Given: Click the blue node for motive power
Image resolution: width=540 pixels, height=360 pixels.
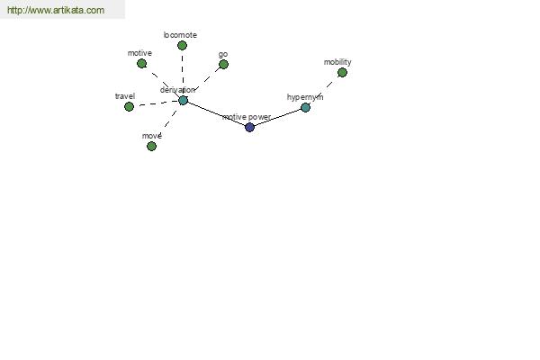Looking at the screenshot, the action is (249, 127).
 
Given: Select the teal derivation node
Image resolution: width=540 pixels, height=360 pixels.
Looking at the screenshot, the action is (183, 100).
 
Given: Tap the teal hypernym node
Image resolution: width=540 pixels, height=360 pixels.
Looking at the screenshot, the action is (305, 107).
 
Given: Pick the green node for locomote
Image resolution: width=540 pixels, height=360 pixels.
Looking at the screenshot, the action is (182, 45).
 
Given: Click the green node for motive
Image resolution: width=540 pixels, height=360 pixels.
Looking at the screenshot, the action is (141, 63).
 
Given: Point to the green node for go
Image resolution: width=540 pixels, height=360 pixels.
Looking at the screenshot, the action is (223, 64).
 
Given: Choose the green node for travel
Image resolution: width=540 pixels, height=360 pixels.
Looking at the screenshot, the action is (129, 106).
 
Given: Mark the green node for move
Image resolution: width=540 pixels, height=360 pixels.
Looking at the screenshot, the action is (151, 146).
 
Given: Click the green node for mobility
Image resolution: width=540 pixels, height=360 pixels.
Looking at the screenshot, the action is (342, 72).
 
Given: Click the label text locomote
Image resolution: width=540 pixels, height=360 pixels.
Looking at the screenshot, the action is (180, 35).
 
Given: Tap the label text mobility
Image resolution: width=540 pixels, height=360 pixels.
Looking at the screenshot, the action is (337, 62).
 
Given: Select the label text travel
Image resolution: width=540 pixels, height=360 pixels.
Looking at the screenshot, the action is (125, 96).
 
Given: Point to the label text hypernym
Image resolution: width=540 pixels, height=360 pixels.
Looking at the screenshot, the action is (305, 97).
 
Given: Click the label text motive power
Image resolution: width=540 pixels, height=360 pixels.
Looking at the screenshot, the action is (247, 117).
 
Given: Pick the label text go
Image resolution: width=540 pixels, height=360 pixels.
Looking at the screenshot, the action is (223, 54).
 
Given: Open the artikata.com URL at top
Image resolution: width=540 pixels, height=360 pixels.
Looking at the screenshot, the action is (56, 10).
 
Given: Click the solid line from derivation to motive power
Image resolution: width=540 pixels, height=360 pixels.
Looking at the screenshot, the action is (216, 113).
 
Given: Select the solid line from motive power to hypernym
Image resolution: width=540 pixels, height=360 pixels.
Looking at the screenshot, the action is (277, 118).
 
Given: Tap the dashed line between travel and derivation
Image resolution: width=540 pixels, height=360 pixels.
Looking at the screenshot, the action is (156, 103).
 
